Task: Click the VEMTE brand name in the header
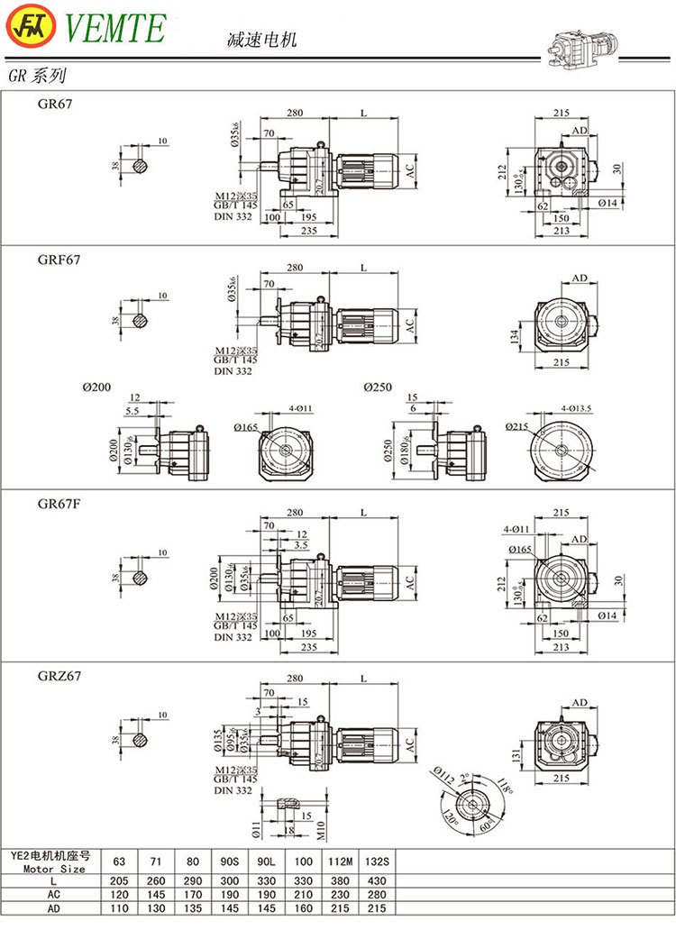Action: click(x=114, y=27)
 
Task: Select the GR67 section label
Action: click(x=55, y=104)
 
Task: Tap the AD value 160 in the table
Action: click(x=301, y=908)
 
